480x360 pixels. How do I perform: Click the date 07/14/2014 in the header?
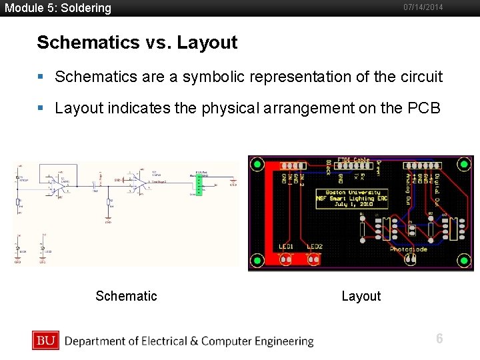tap(423, 7)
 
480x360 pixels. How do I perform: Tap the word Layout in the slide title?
tap(208, 43)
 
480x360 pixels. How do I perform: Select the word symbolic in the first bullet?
tap(203, 77)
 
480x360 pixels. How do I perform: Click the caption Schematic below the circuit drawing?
tap(126, 296)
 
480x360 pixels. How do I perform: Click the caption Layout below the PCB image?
tap(361, 296)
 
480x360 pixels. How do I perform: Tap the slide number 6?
tap(439, 339)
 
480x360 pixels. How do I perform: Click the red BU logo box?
tap(45, 341)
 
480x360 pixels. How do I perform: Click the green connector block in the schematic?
tap(198, 183)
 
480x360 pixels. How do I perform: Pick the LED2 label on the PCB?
tap(315, 247)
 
